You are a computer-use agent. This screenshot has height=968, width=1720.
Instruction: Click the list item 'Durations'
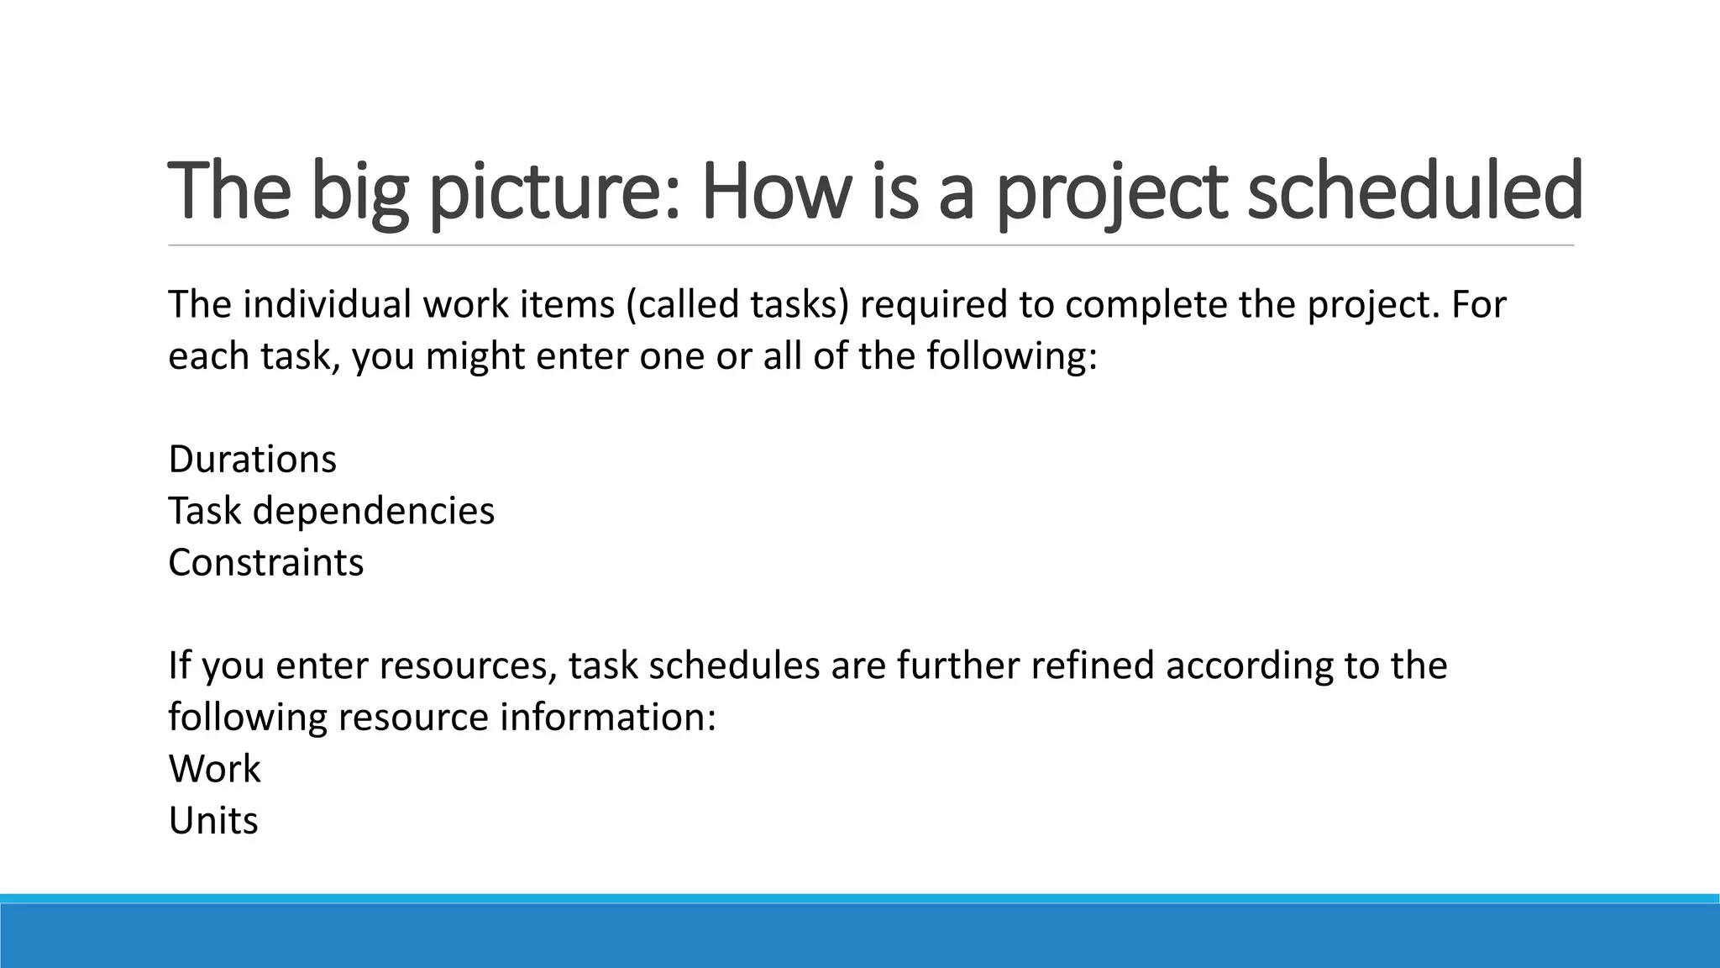[252, 460]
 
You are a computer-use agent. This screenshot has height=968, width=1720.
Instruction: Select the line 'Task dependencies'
[331, 511]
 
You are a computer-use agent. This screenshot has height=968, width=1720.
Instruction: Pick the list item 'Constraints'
[265, 563]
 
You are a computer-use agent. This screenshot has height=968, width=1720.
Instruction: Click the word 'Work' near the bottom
[214, 769]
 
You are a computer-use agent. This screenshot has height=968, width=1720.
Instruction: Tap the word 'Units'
[212, 821]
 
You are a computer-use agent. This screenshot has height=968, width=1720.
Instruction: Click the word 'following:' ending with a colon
[1011, 356]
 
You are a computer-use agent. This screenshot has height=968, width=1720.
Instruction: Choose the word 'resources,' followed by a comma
[468, 665]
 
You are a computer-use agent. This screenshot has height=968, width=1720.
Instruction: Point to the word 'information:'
[607, 718]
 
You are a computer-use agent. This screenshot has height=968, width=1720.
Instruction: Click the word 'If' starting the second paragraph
[179, 665]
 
